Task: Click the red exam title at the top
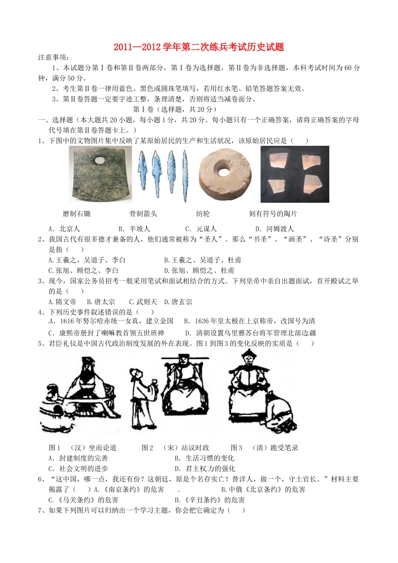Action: tap(199, 47)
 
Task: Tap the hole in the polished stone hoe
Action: tap(100, 160)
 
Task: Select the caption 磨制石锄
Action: tap(77, 214)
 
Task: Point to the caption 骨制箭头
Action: tap(143, 214)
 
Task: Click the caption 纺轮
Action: tap(203, 214)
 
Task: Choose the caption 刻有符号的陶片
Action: tap(273, 214)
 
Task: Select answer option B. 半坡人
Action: tap(134, 229)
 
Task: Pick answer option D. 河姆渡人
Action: tap(275, 229)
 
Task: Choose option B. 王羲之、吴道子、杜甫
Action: tap(203, 260)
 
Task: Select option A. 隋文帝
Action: tap(62, 302)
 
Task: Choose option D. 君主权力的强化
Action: tap(205, 469)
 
